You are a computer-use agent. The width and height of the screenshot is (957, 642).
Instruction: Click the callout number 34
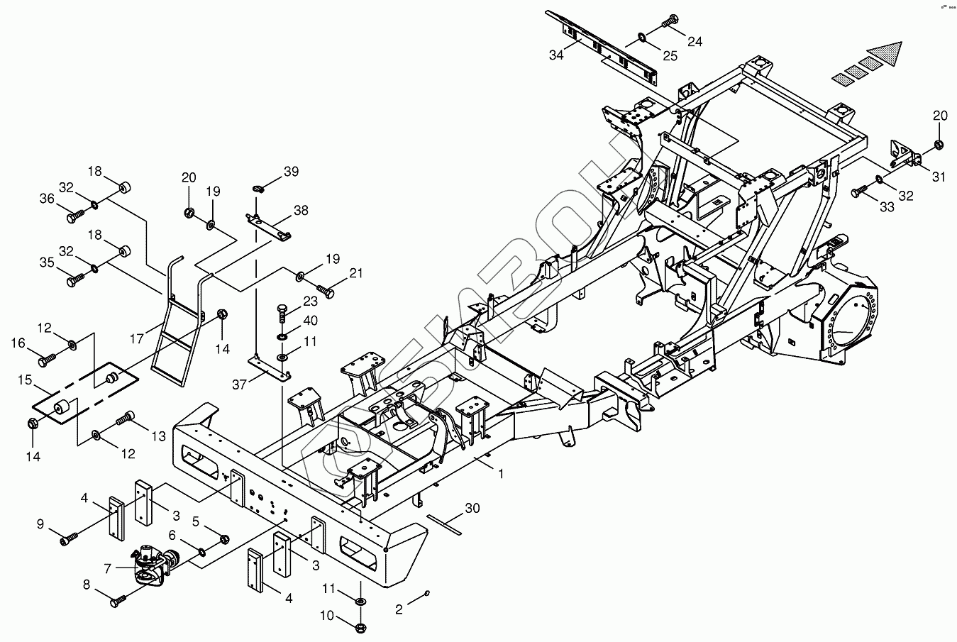click(x=555, y=55)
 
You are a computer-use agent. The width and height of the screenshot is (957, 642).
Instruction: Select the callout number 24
click(x=695, y=42)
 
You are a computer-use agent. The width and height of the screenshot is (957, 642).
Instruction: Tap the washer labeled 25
click(x=641, y=34)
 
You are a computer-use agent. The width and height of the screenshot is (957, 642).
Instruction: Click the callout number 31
click(x=939, y=177)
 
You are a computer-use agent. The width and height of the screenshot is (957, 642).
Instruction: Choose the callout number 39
click(x=291, y=172)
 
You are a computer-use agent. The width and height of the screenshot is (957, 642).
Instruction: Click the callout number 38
click(x=301, y=210)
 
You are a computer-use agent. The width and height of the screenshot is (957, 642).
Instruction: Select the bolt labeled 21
click(x=326, y=290)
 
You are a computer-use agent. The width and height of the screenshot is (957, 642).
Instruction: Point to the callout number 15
click(x=25, y=380)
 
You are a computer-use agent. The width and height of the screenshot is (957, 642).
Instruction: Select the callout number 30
click(x=472, y=508)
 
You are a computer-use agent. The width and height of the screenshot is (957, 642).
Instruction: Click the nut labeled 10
click(x=359, y=627)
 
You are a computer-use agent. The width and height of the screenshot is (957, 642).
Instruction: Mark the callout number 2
click(x=399, y=609)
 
